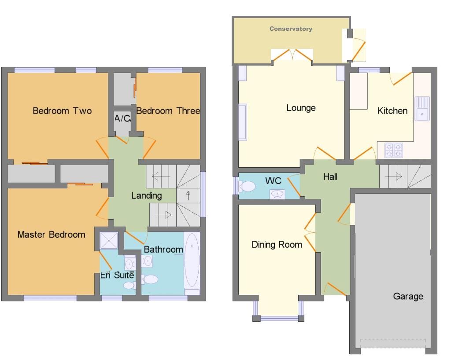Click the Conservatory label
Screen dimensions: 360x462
pos(291,29)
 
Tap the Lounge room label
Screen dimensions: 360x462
pos(301,108)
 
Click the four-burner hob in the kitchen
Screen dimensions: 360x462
pos(394,150)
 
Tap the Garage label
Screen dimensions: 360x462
pos(408,297)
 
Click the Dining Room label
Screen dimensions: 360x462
pos(277,245)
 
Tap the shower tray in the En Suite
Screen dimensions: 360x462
pos(109,240)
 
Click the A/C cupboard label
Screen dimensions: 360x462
pos(122,118)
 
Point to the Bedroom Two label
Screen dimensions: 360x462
pos(62,111)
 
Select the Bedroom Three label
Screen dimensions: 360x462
pos(168,111)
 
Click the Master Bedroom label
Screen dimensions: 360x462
pos(51,235)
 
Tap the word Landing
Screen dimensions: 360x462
pos(147,195)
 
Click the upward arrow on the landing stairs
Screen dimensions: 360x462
pos(188,195)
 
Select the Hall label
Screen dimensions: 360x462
pos(330,177)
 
